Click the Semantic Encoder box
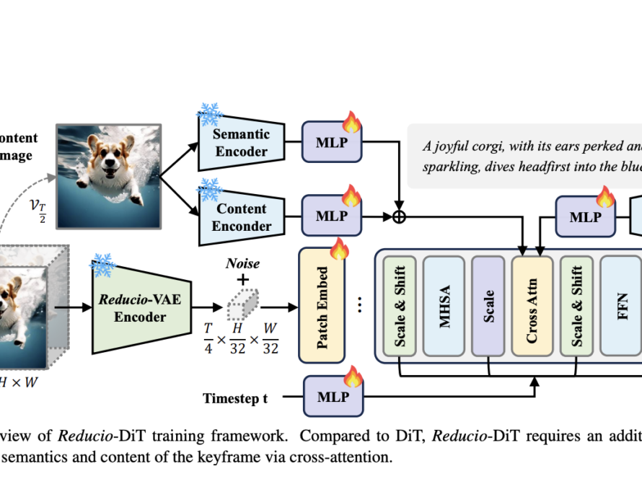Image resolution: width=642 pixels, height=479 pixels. [240, 142]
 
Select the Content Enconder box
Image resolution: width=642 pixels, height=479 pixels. [240, 217]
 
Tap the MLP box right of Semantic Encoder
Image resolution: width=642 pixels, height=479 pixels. [331, 142]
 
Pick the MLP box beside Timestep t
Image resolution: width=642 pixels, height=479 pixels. [331, 396]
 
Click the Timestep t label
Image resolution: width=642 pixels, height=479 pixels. [235, 397]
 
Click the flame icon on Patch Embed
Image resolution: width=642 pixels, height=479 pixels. [339, 250]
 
